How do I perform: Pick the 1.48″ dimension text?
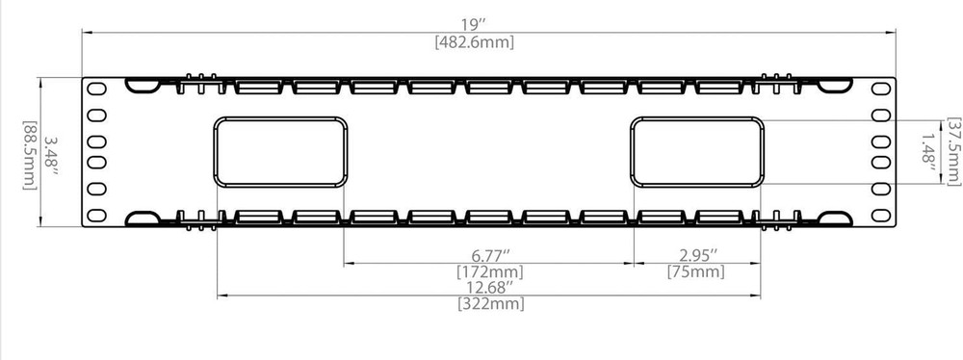929,152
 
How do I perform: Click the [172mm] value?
489,272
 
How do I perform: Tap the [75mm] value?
695,272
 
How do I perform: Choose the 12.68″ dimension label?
489,288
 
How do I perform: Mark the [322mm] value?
489,305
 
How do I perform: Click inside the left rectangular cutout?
280,151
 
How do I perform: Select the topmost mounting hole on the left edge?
96,88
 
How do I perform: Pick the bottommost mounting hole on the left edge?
96,213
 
